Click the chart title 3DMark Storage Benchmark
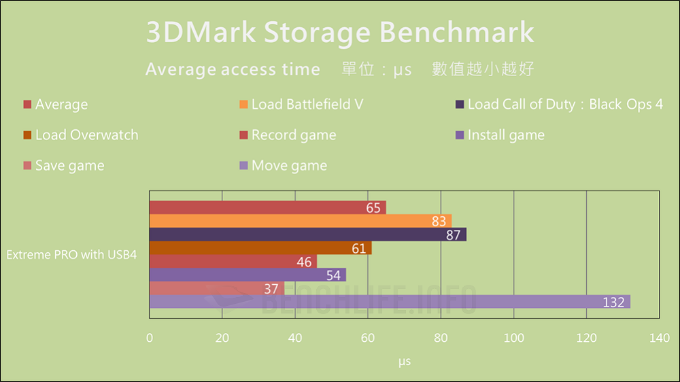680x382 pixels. [x=340, y=33]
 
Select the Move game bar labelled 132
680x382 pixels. [x=389, y=302]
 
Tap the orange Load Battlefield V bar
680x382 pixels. [x=300, y=221]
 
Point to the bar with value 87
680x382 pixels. [x=307, y=235]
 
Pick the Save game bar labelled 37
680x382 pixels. [x=216, y=288]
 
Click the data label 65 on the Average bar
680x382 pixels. [x=373, y=208]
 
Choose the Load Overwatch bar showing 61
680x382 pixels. [x=260, y=248]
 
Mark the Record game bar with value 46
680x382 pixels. [x=233, y=261]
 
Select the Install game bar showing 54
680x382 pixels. [x=248, y=275]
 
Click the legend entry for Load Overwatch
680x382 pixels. [x=86, y=135]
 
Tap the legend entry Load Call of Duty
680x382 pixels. [x=564, y=104]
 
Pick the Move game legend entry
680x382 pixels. [x=288, y=165]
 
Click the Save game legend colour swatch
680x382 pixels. [x=27, y=166]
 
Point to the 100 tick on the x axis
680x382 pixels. [x=513, y=338]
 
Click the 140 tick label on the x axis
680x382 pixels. [x=659, y=338]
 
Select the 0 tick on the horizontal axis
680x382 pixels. [x=150, y=338]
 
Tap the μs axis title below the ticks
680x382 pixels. [x=405, y=362]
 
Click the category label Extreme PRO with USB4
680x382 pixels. [x=72, y=255]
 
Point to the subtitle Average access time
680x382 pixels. [x=233, y=69]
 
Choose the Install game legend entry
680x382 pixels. [x=505, y=135]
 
